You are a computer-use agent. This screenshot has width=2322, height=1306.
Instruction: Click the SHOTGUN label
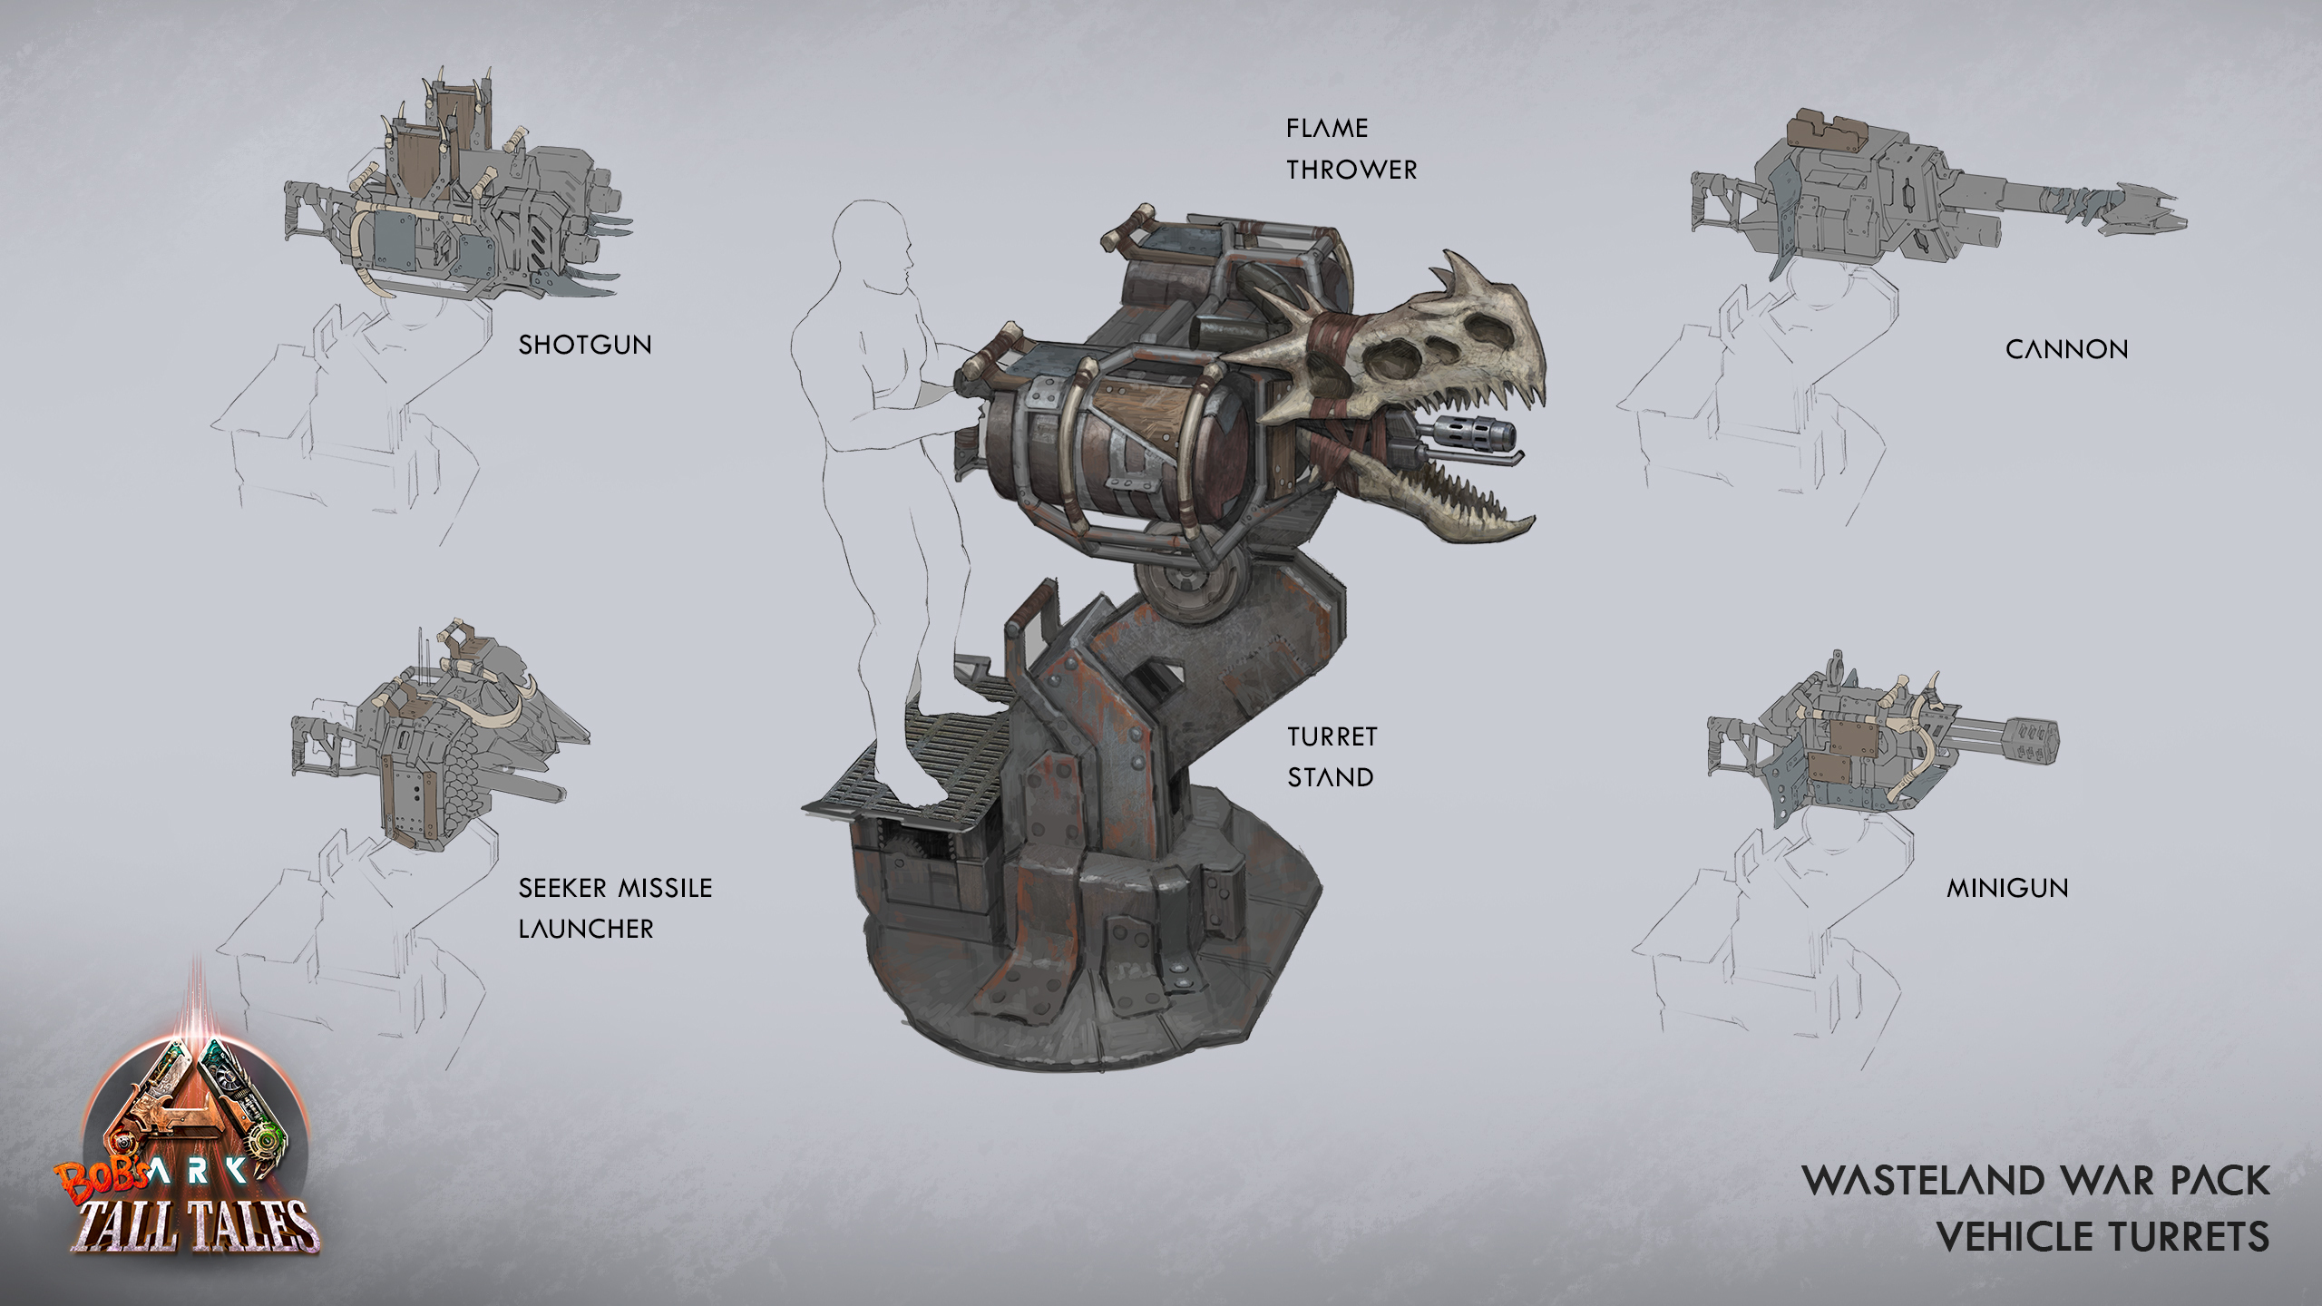tap(585, 345)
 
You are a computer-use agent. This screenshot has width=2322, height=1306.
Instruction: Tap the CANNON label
tap(2066, 349)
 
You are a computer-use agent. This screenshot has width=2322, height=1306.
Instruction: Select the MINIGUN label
tap(2007, 888)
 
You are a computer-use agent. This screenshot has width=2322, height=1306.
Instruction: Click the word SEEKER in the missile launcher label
tap(562, 888)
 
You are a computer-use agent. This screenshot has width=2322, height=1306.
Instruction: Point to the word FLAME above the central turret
tap(1327, 128)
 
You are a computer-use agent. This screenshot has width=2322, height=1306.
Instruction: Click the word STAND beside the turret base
tap(1331, 777)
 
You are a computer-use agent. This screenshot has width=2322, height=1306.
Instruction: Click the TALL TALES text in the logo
tap(195, 1226)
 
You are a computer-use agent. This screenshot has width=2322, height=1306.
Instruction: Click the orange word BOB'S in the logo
tap(102, 1176)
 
